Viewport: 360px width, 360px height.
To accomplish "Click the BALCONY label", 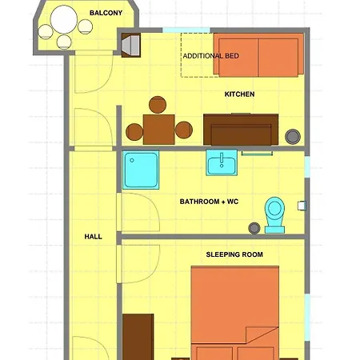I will coord(106,13).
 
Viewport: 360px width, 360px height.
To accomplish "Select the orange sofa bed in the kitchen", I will coord(258,54).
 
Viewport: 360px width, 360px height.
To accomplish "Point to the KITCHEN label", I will coord(239,94).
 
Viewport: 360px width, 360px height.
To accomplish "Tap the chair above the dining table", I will coord(158,105).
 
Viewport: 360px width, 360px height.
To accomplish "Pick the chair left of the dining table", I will coord(133,129).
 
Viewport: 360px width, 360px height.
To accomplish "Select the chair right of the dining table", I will coord(184,129).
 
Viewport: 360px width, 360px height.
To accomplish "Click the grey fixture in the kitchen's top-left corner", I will coord(130,46).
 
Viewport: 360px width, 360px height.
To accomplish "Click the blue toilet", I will coord(274,214).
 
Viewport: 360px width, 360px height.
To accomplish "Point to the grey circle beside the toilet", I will coord(254,228).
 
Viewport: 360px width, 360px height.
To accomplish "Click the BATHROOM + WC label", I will coord(209,202).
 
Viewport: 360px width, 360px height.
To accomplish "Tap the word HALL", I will coord(94,237).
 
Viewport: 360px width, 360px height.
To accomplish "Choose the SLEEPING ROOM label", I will coord(234,254).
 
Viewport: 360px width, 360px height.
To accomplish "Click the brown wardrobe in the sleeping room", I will coord(138,337).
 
